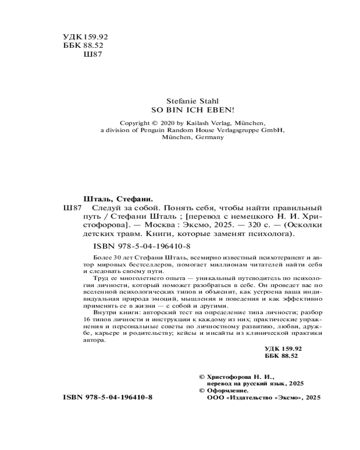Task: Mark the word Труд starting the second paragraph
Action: click(100, 279)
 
